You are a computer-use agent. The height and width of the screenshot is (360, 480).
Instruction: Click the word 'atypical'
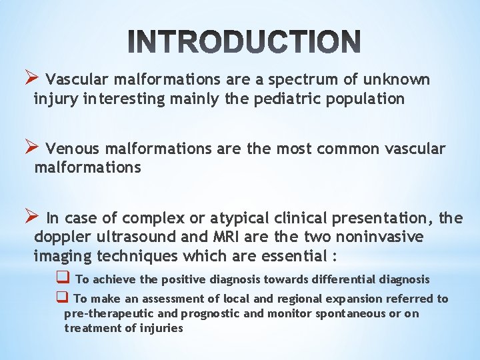[238, 218]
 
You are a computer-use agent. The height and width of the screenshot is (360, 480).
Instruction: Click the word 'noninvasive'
[380, 237]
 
